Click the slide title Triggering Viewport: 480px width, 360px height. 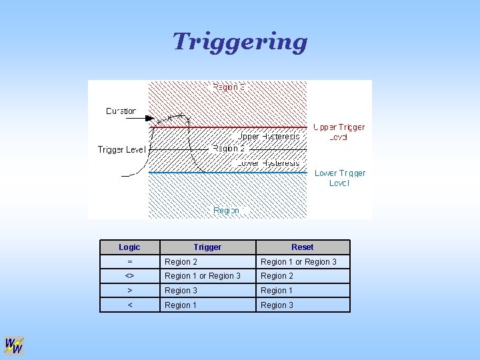(x=240, y=41)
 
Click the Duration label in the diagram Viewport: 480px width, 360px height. (x=121, y=111)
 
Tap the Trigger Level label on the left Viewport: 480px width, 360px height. (x=121, y=149)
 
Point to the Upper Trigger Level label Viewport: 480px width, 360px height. (x=339, y=132)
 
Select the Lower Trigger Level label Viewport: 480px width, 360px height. (x=340, y=178)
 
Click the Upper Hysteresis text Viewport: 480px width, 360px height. (x=269, y=137)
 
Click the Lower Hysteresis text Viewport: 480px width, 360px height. (x=269, y=163)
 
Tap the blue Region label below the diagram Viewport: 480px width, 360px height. (x=226, y=211)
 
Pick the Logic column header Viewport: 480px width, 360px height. (x=129, y=247)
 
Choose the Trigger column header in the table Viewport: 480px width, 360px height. (x=207, y=247)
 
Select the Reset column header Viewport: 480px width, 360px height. (x=302, y=247)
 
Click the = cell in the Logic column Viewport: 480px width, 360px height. (x=129, y=262)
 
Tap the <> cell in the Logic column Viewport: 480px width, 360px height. (x=129, y=276)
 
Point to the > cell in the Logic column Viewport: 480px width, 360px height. (x=129, y=291)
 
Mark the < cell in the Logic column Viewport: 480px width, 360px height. (x=129, y=305)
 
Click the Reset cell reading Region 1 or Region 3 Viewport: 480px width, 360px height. (x=299, y=262)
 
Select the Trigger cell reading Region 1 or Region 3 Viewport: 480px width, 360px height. (x=203, y=276)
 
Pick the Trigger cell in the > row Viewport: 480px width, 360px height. (x=181, y=291)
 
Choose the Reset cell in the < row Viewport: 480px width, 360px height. (x=277, y=305)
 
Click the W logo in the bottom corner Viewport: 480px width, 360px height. (x=14, y=345)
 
